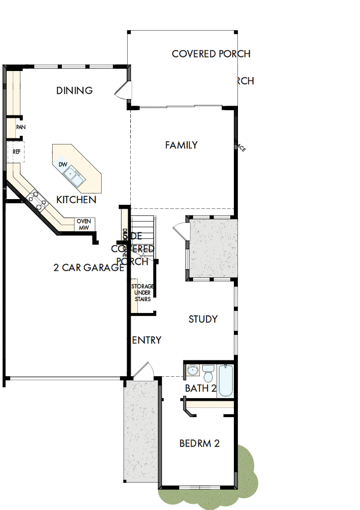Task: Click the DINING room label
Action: (x=75, y=91)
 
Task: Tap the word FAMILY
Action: (x=181, y=145)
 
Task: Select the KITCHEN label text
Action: (x=76, y=200)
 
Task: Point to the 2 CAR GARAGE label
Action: (x=89, y=268)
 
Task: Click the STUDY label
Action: (x=203, y=320)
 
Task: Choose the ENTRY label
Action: (x=147, y=341)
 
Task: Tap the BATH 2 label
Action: (x=200, y=388)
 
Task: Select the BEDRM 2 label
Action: (x=199, y=444)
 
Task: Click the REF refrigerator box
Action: (x=16, y=152)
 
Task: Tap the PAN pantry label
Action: (x=20, y=128)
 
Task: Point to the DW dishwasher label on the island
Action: (x=63, y=164)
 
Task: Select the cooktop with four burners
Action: (x=37, y=198)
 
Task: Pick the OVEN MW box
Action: (x=83, y=224)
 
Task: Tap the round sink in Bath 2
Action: (x=192, y=370)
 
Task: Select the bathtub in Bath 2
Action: (x=225, y=380)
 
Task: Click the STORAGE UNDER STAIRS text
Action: (x=142, y=293)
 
